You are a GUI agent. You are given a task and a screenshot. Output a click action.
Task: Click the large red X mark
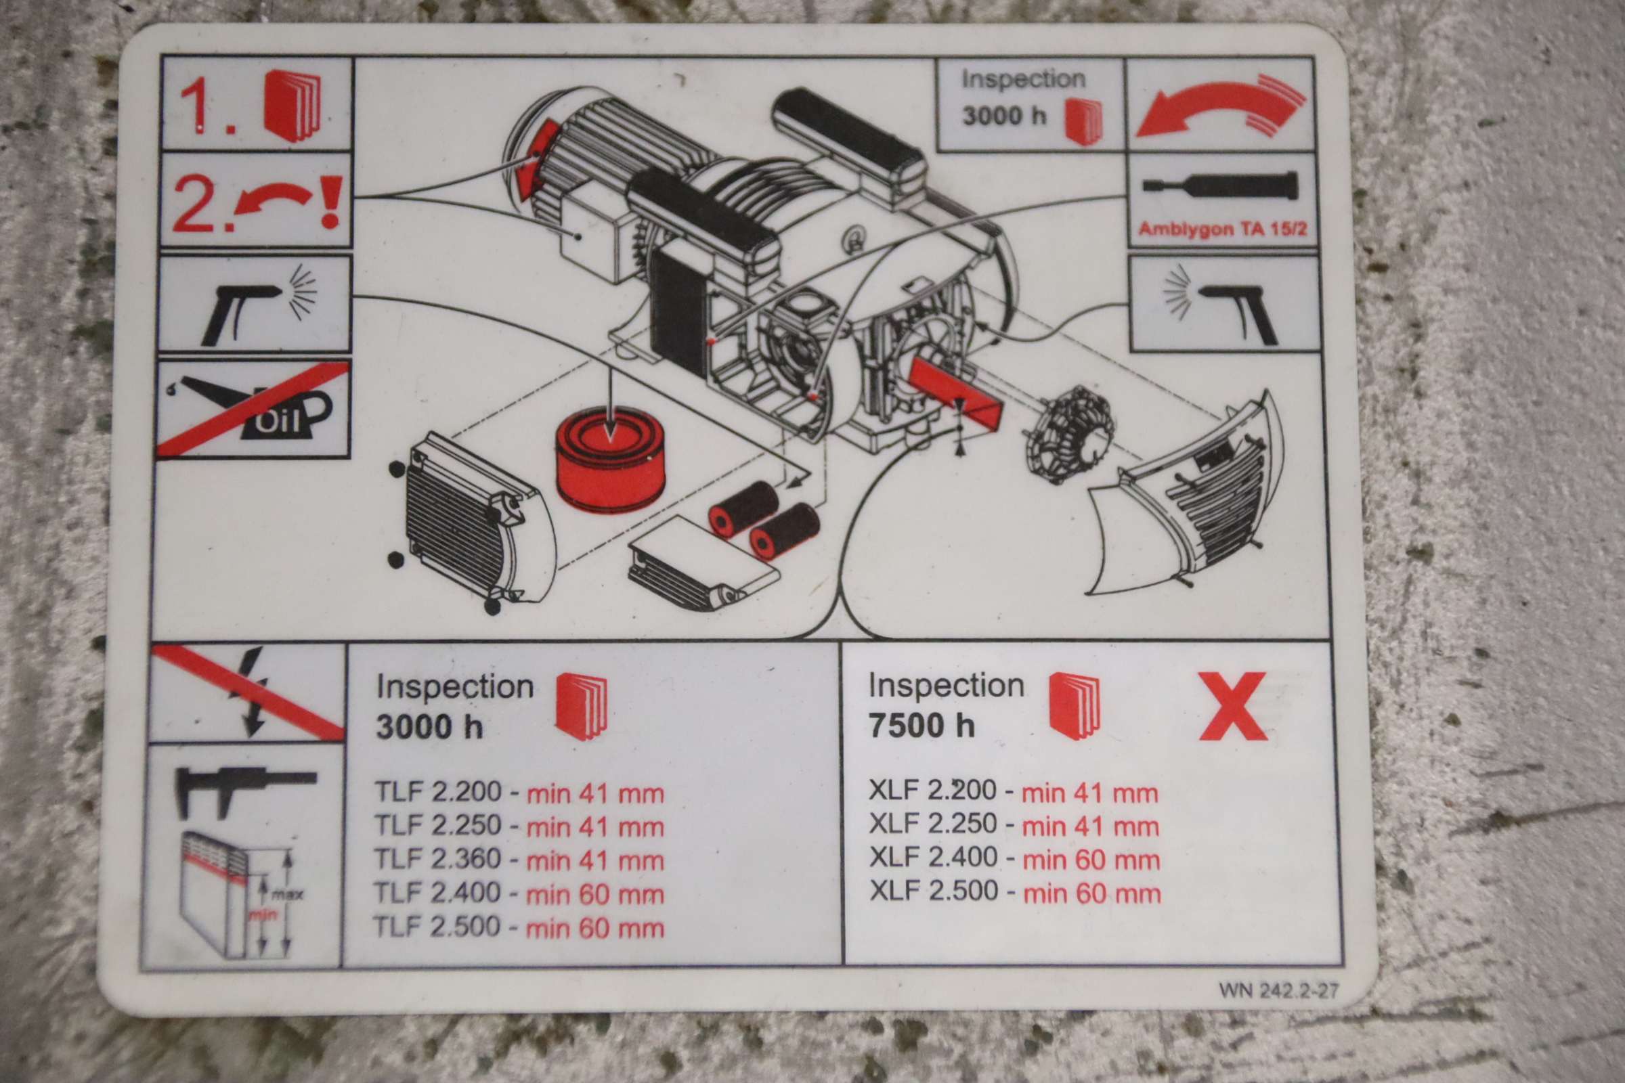tap(1232, 706)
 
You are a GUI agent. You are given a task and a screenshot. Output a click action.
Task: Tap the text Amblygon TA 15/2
tap(1222, 229)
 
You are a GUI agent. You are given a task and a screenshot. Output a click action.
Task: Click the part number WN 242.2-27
tap(1278, 990)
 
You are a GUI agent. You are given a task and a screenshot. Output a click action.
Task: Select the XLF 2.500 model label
tap(934, 891)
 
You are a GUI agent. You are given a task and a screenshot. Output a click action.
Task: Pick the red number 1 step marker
tap(204, 108)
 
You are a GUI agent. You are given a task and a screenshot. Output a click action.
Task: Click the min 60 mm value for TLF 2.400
tap(595, 895)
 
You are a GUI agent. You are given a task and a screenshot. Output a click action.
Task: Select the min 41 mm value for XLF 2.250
tap(1089, 826)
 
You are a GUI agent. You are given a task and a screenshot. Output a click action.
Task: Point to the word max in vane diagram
tap(286, 895)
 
